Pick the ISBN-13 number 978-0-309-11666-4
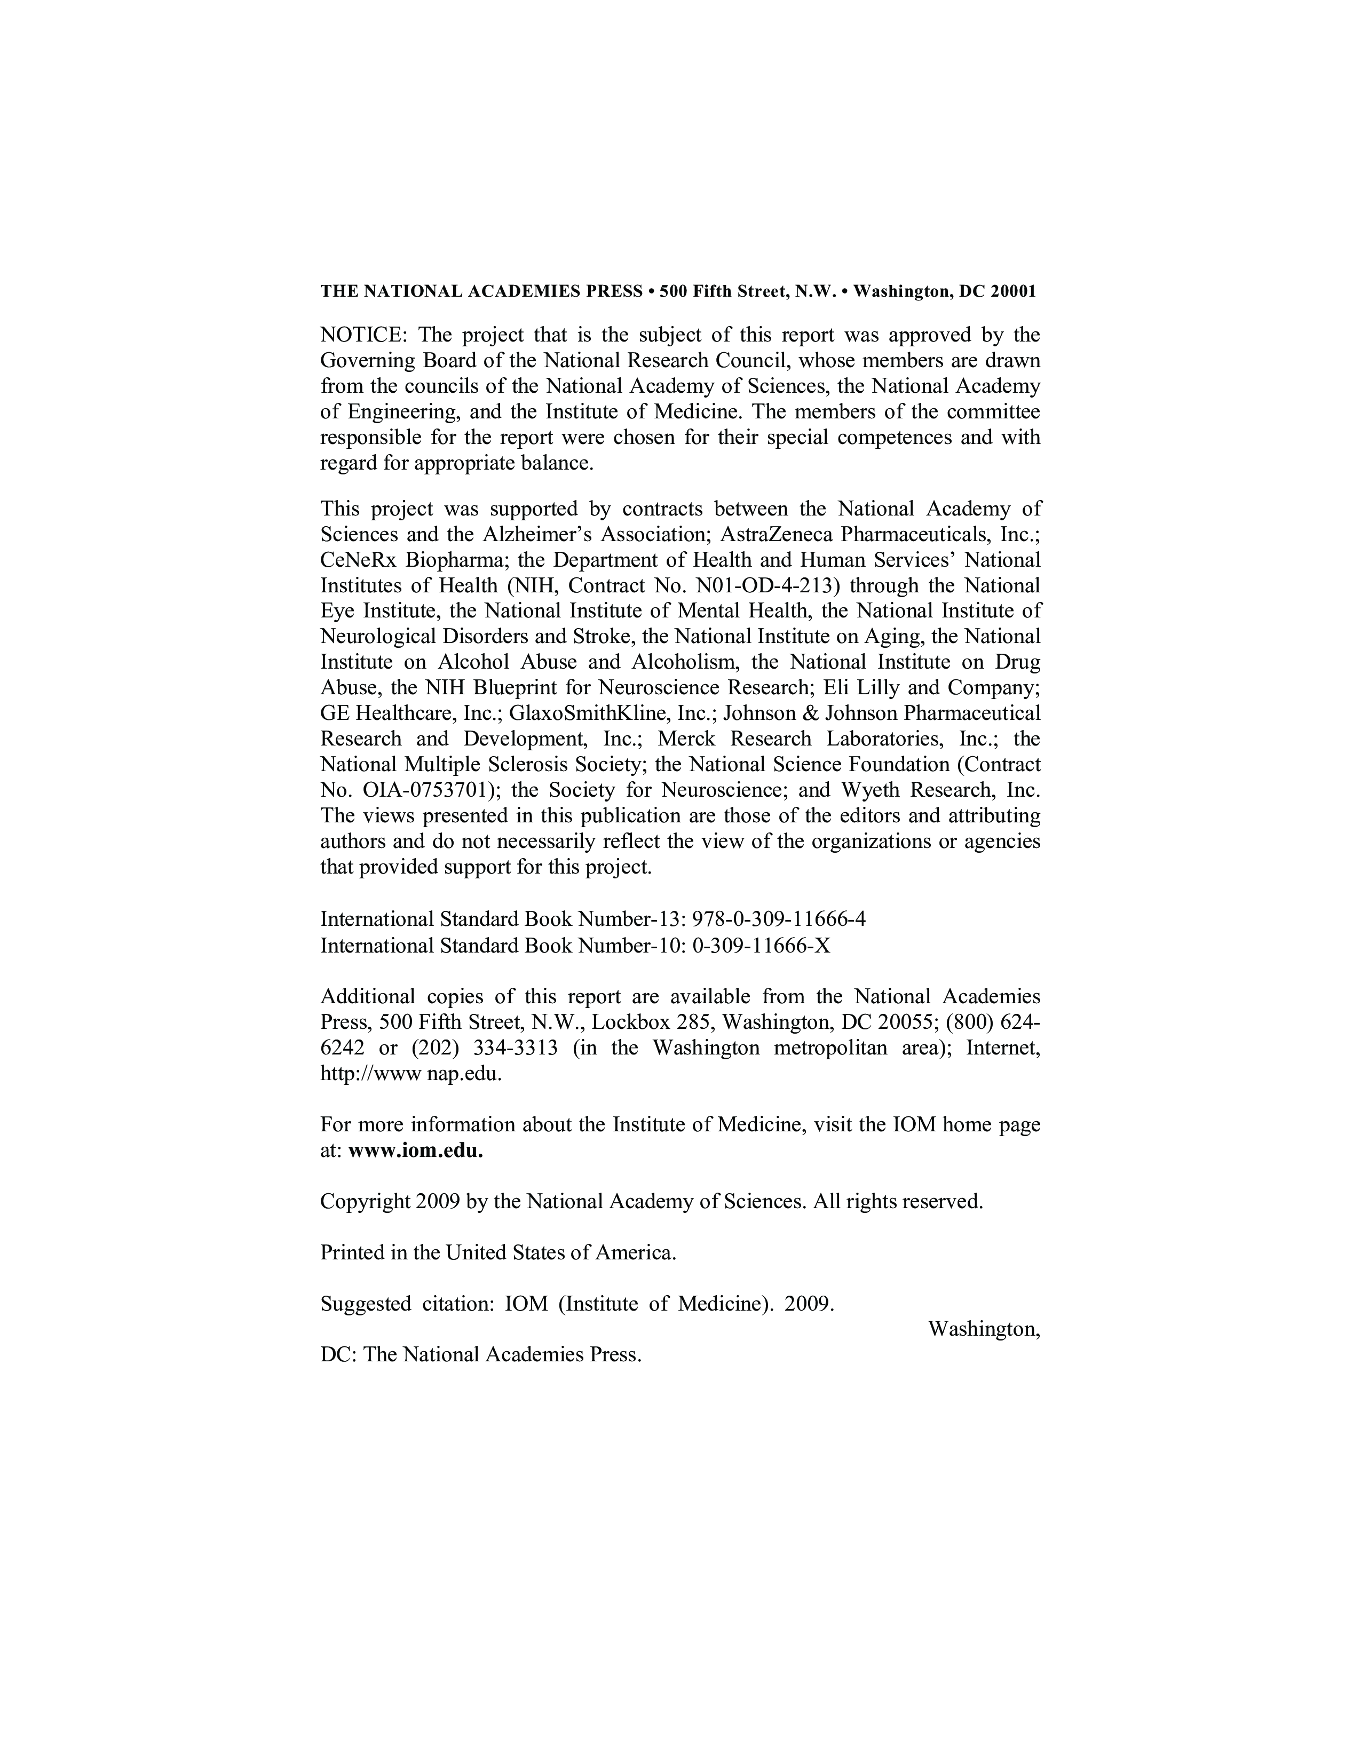[779, 919]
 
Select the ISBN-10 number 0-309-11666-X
[761, 945]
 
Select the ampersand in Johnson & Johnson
[813, 713]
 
